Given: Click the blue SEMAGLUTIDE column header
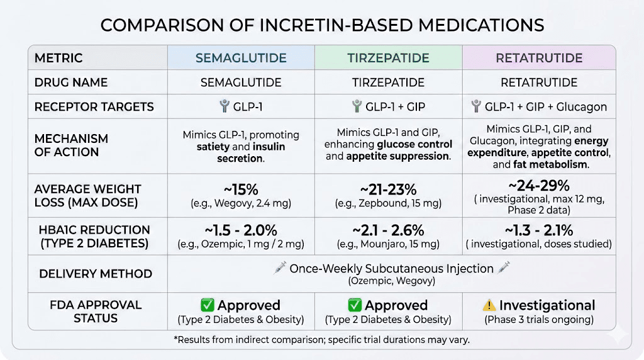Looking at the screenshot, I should click(x=241, y=59).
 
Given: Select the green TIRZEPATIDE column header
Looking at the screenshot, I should click(x=388, y=59).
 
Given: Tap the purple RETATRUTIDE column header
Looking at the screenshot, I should click(x=539, y=59).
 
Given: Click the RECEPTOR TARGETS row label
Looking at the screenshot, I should click(x=94, y=107).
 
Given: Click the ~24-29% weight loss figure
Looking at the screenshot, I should click(x=539, y=186).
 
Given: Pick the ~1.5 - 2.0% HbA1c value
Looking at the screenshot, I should click(x=241, y=230).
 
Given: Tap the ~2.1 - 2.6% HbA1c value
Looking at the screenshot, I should click(x=388, y=230).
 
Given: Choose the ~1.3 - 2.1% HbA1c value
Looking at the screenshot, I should click(x=539, y=230).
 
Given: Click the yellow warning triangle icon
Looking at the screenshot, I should click(x=489, y=306).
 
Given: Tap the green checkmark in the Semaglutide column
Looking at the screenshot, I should click(x=208, y=306).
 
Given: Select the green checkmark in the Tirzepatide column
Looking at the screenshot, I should click(x=355, y=306).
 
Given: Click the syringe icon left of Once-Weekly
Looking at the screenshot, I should click(x=280, y=269).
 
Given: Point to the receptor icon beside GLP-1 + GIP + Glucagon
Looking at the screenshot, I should click(x=476, y=107).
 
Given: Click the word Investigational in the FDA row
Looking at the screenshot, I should click(x=547, y=306).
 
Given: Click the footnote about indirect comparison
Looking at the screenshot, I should click(x=321, y=340).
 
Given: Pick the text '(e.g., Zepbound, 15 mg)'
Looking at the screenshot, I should click(x=388, y=203).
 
